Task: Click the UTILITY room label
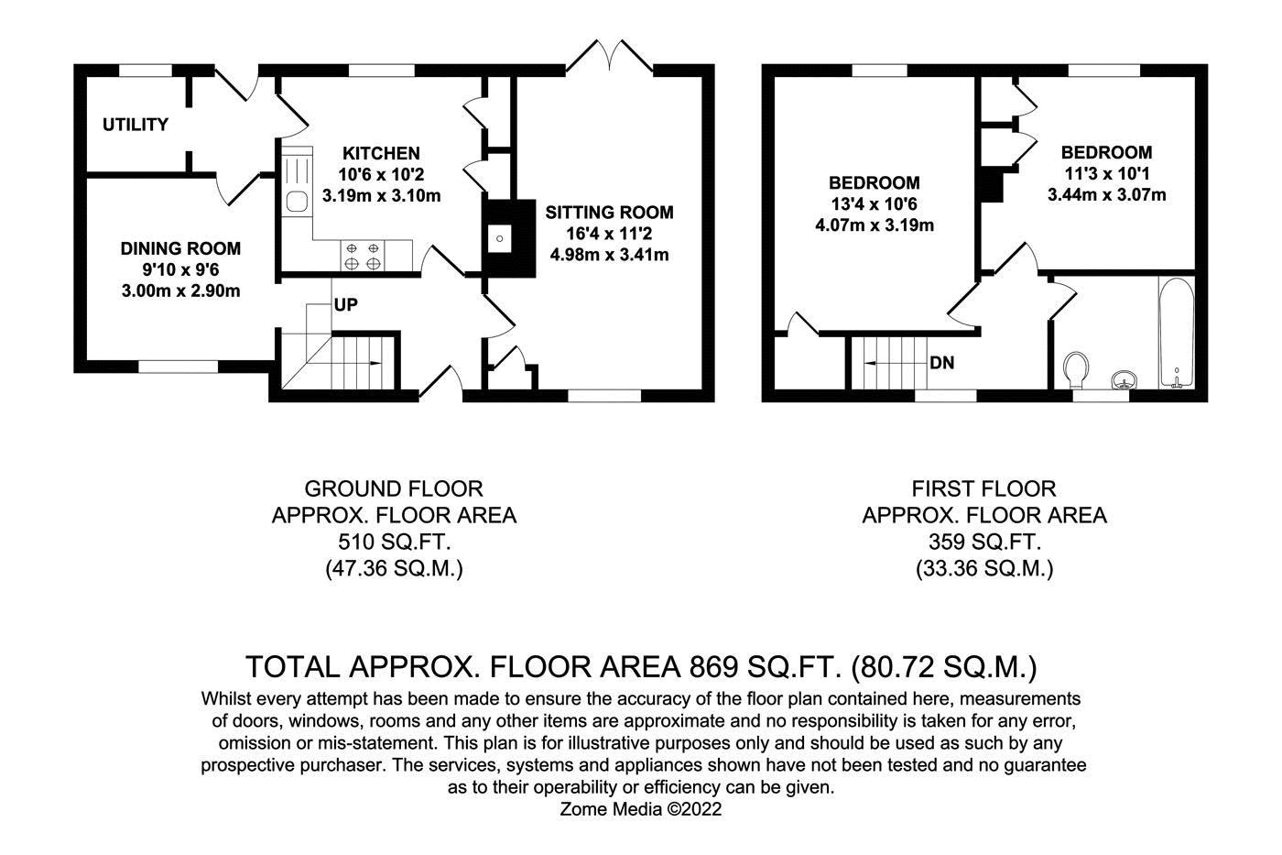coord(135,125)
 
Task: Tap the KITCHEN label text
coord(381,153)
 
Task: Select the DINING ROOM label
coord(180,248)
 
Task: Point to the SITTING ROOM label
coord(609,213)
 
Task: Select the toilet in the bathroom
coord(1078,368)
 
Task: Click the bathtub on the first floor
coord(1175,332)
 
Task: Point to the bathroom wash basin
coord(1122,378)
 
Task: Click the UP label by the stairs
coord(345,304)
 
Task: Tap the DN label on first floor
coord(941,363)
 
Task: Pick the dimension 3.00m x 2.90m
coord(180,291)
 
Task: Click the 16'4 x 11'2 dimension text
coord(609,234)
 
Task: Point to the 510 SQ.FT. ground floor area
coord(394,542)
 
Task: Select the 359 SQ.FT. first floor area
coord(984,542)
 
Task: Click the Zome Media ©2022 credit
coord(641,809)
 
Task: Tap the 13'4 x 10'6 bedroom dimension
coord(874,203)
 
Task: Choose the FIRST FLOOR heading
coord(984,488)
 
